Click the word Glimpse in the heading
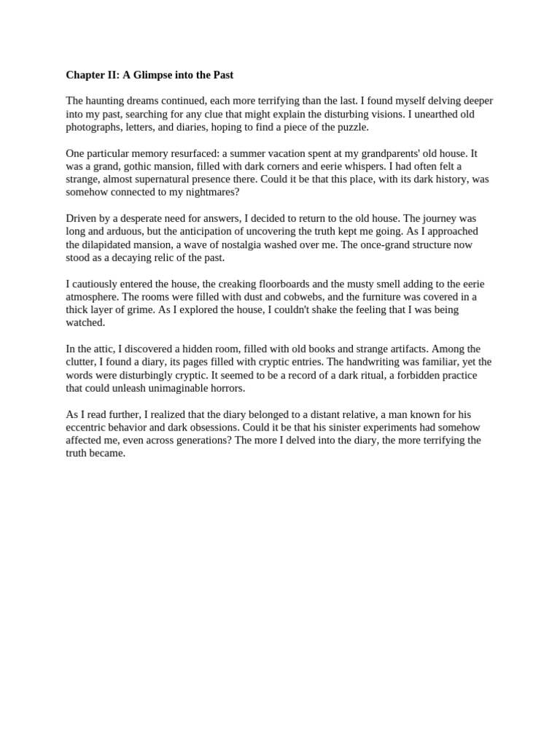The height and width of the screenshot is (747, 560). click(x=155, y=75)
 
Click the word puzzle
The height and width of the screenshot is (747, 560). click(x=351, y=127)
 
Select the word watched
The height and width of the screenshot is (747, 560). click(x=85, y=322)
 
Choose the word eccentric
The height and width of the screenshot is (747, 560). click(x=87, y=427)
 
